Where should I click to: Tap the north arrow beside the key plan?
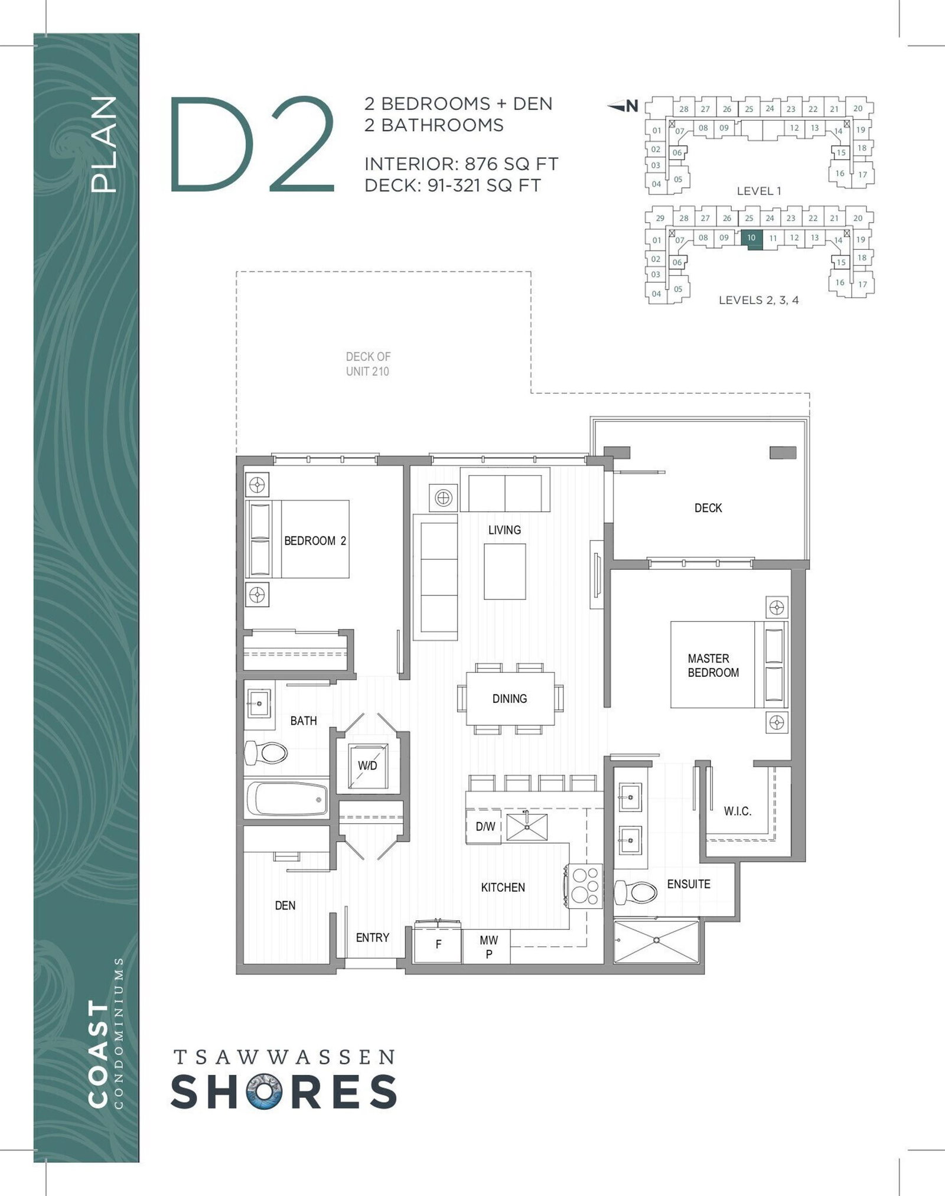click(x=623, y=106)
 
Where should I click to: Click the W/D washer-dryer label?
click(x=367, y=765)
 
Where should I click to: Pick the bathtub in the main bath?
click(x=287, y=798)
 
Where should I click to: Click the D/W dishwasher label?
click(x=485, y=827)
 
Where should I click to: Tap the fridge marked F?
click(x=438, y=944)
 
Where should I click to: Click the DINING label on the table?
click(x=510, y=699)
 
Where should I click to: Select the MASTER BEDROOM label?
click(x=713, y=666)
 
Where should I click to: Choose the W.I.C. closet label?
click(x=738, y=812)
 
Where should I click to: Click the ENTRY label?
click(x=372, y=937)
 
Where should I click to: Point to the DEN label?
click(x=285, y=905)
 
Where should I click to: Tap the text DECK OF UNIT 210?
click(x=368, y=364)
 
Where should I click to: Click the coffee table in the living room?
click(x=505, y=572)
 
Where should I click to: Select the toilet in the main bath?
click(x=266, y=753)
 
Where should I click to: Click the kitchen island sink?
click(x=527, y=827)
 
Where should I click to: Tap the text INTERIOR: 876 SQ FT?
click(x=461, y=164)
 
